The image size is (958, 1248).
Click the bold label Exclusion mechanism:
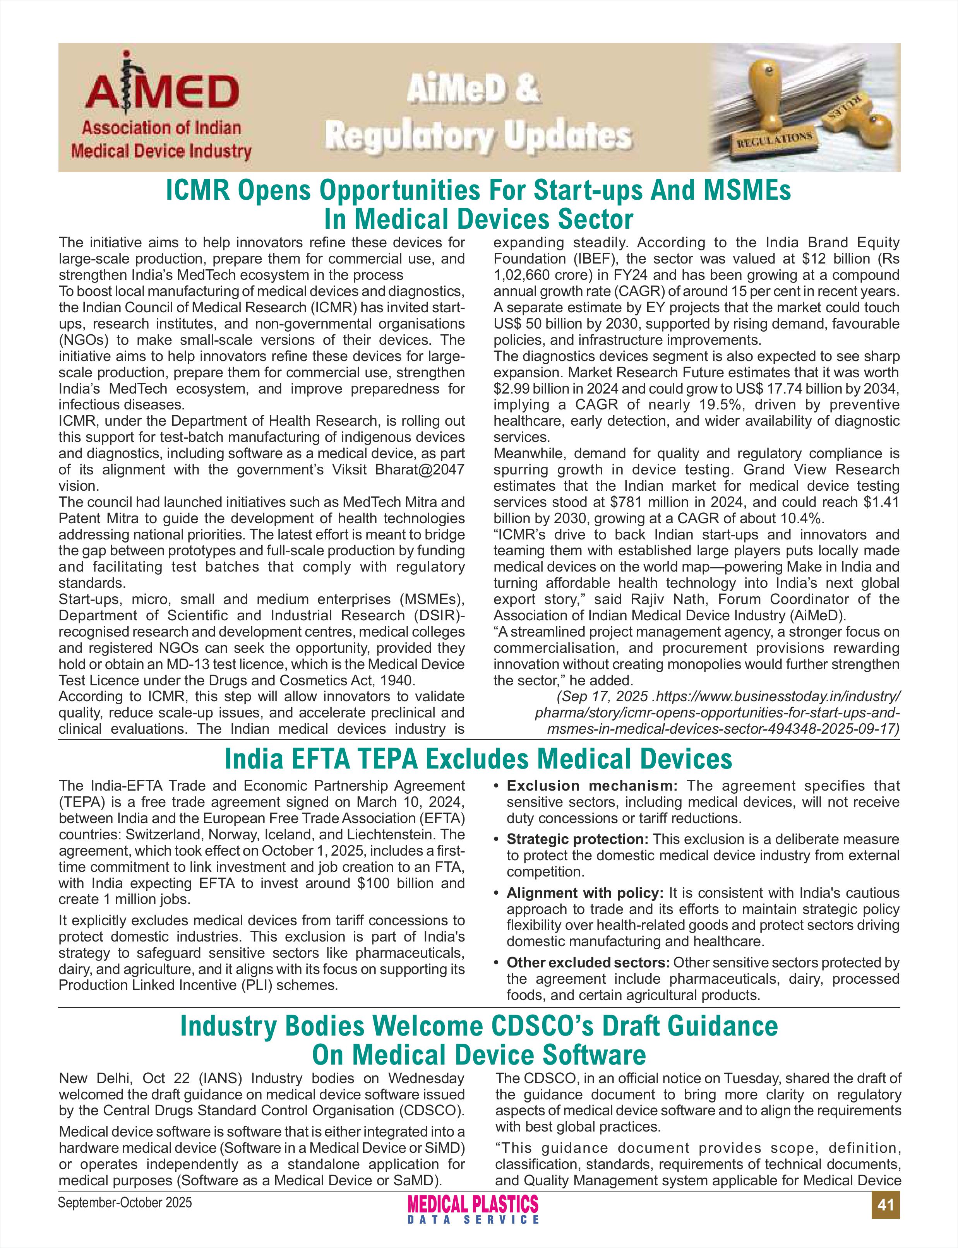click(x=592, y=786)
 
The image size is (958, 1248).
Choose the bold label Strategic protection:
click(x=578, y=839)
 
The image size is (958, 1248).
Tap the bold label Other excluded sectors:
click(x=588, y=962)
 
